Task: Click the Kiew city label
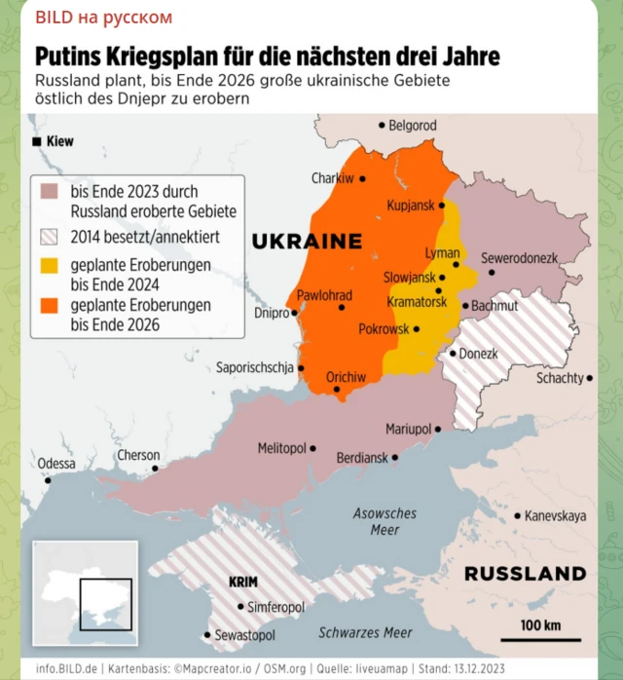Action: pyautogui.click(x=58, y=141)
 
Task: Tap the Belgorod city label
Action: pyautogui.click(x=412, y=126)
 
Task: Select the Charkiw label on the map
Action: pyautogui.click(x=332, y=178)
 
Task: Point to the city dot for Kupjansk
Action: pyautogui.click(x=442, y=206)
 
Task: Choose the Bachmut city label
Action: pyautogui.click(x=495, y=305)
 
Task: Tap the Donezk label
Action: pyautogui.click(x=478, y=354)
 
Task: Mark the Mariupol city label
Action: pyautogui.click(x=408, y=429)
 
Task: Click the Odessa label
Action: pyautogui.click(x=56, y=464)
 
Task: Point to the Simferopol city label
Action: pyautogui.click(x=277, y=606)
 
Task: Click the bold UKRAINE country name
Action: pyautogui.click(x=307, y=241)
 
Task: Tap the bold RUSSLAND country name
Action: pyautogui.click(x=525, y=574)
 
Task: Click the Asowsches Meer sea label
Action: pyautogui.click(x=385, y=521)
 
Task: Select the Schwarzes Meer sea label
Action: pyautogui.click(x=365, y=632)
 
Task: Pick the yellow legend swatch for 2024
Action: pyautogui.click(x=50, y=265)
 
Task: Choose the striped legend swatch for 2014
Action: pyautogui.click(x=50, y=236)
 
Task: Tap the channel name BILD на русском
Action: pyautogui.click(x=103, y=18)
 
